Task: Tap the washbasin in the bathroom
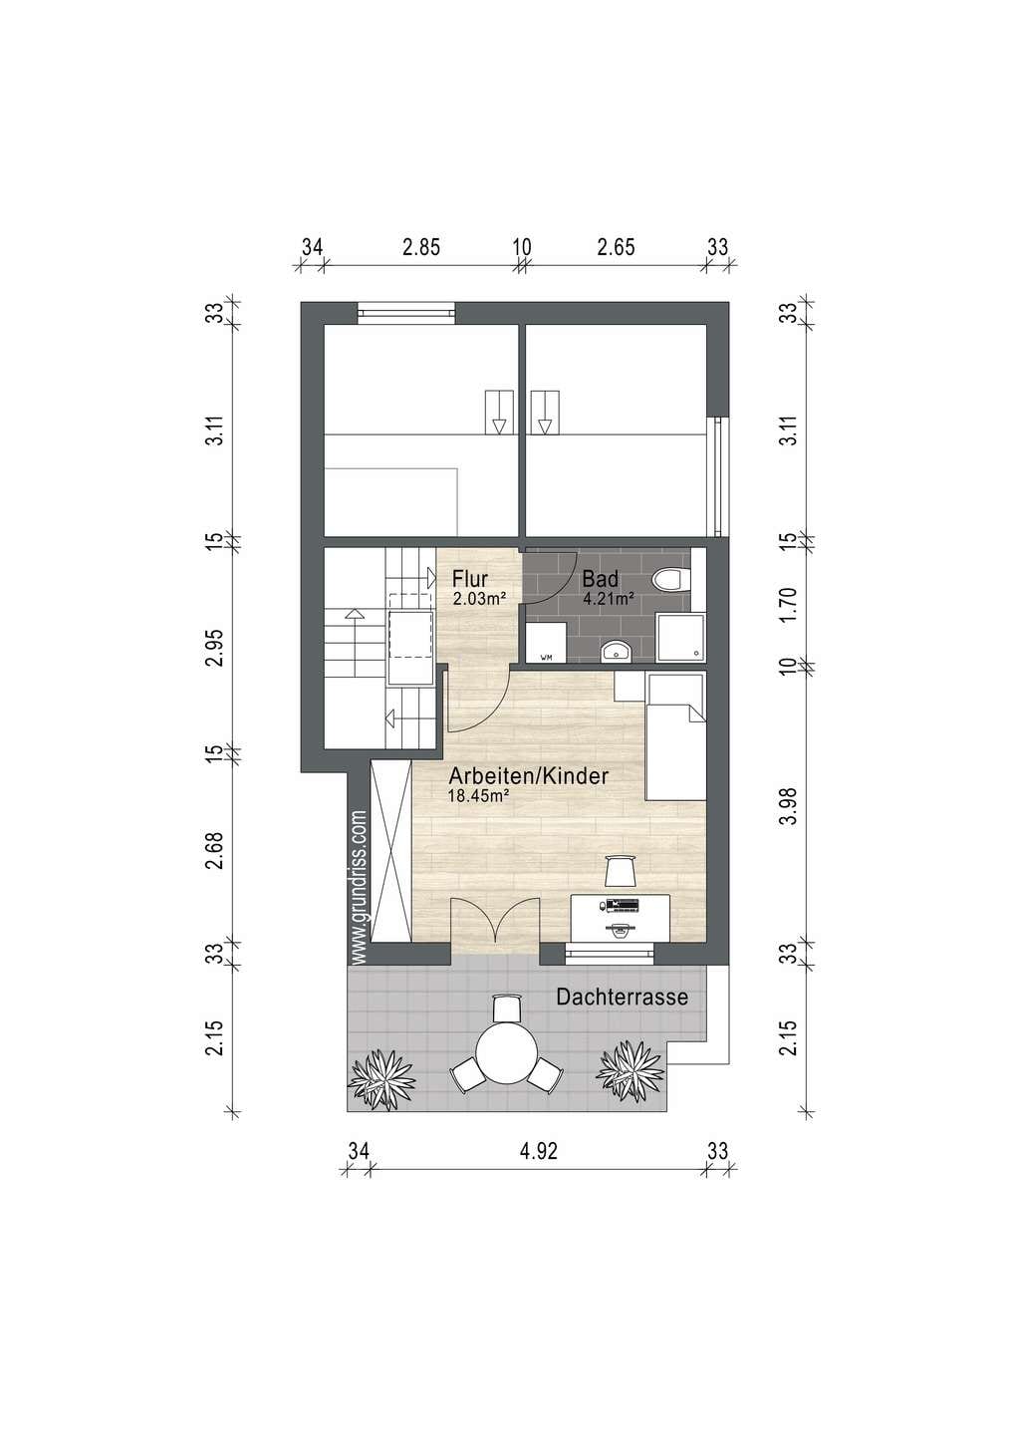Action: [617, 652]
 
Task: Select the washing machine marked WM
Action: [545, 642]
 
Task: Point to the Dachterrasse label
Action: [622, 998]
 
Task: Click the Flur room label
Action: [469, 579]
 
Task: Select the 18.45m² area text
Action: [479, 795]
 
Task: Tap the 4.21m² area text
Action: [609, 599]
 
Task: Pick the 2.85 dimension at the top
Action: [421, 247]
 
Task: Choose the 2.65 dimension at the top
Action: [616, 247]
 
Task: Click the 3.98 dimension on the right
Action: [792, 806]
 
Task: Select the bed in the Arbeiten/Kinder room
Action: [675, 735]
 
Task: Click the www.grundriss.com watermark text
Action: [360, 887]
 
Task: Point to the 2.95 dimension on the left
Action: [218, 649]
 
